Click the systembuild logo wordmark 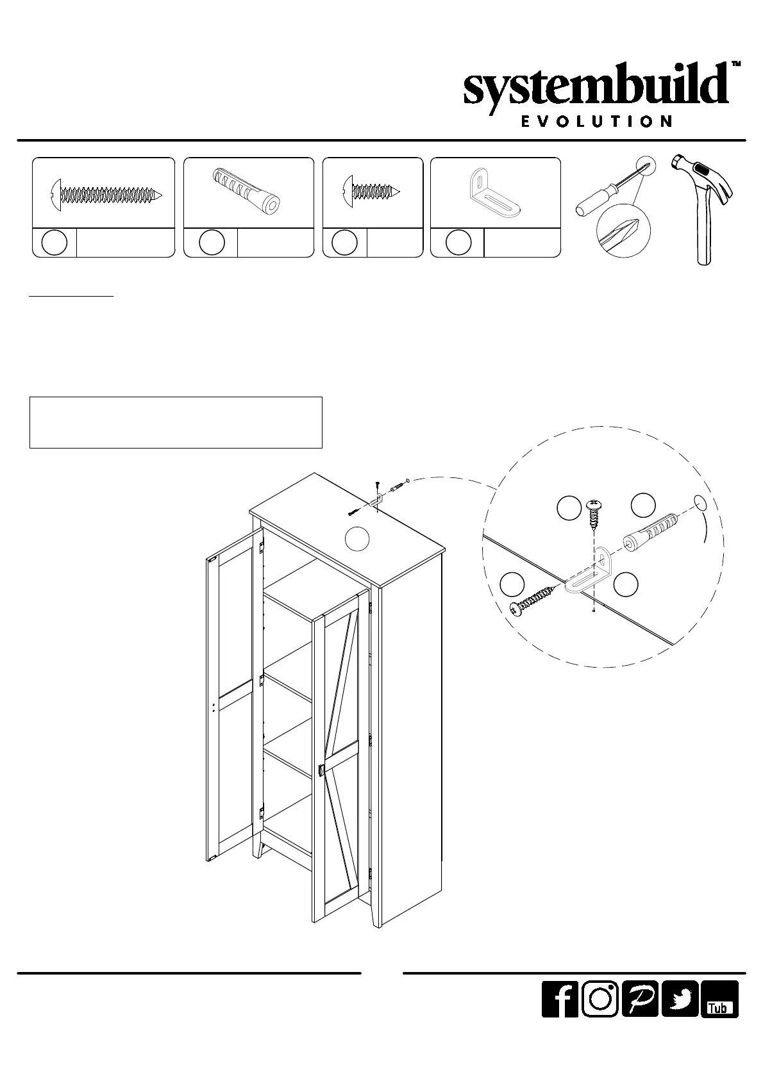[596, 90]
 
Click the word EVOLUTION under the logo [596, 122]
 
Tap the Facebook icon [560, 1016]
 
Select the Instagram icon [599, 1016]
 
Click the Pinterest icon [640, 1016]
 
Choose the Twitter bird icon [680, 1016]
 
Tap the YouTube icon [719, 1016]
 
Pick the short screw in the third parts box [373, 191]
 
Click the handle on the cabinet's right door [320, 771]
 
